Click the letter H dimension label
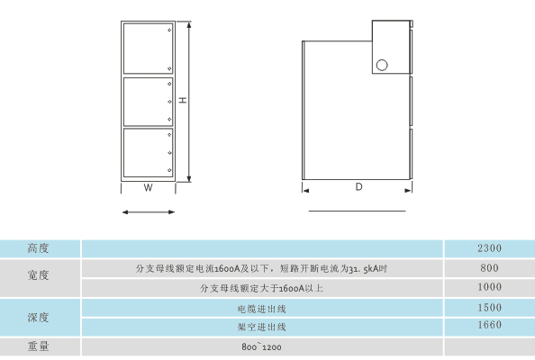point(183,100)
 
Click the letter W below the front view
point(148,187)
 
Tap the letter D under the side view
point(358,187)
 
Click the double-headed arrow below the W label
point(149,212)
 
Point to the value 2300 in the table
point(490,248)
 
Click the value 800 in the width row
point(490,268)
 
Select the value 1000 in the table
point(490,287)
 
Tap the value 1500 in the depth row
point(490,308)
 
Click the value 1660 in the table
point(490,325)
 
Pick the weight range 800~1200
point(261,347)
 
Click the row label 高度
point(38,248)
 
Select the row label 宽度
point(38,275)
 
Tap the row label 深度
point(38,318)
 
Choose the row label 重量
point(38,346)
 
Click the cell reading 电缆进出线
point(262,310)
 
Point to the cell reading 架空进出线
point(262,328)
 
